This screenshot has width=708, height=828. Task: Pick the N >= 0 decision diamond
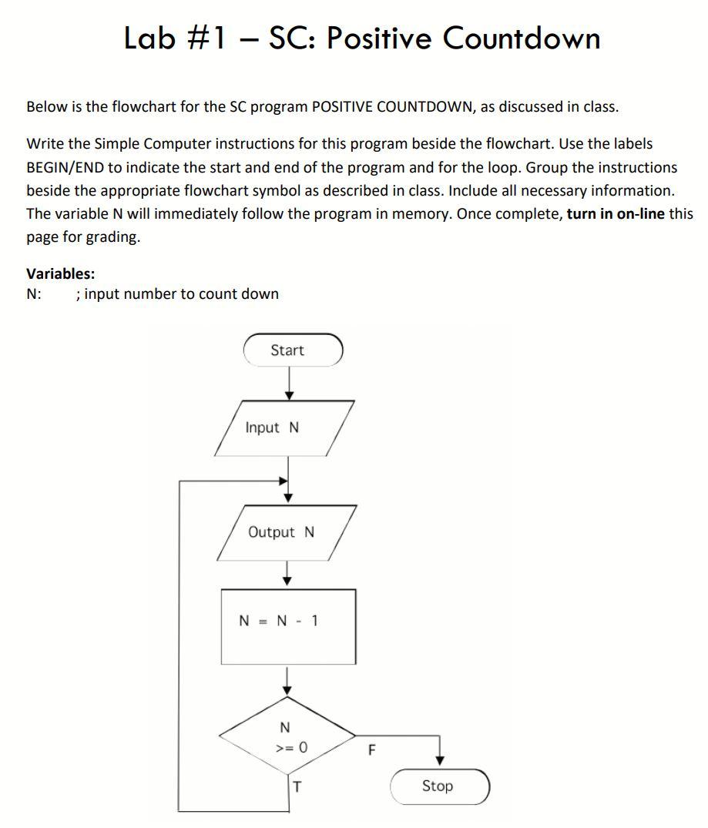[287, 736]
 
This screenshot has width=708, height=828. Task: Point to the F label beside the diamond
[373, 750]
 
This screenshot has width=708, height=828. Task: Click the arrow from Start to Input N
[289, 383]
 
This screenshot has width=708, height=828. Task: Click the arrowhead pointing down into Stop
[440, 760]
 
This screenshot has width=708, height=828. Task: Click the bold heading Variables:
[61, 273]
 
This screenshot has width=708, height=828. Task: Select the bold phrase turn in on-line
[616, 214]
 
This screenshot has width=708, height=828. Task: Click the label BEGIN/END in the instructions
[65, 167]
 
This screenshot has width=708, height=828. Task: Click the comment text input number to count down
[182, 294]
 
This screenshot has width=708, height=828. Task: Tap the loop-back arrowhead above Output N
[283, 481]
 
